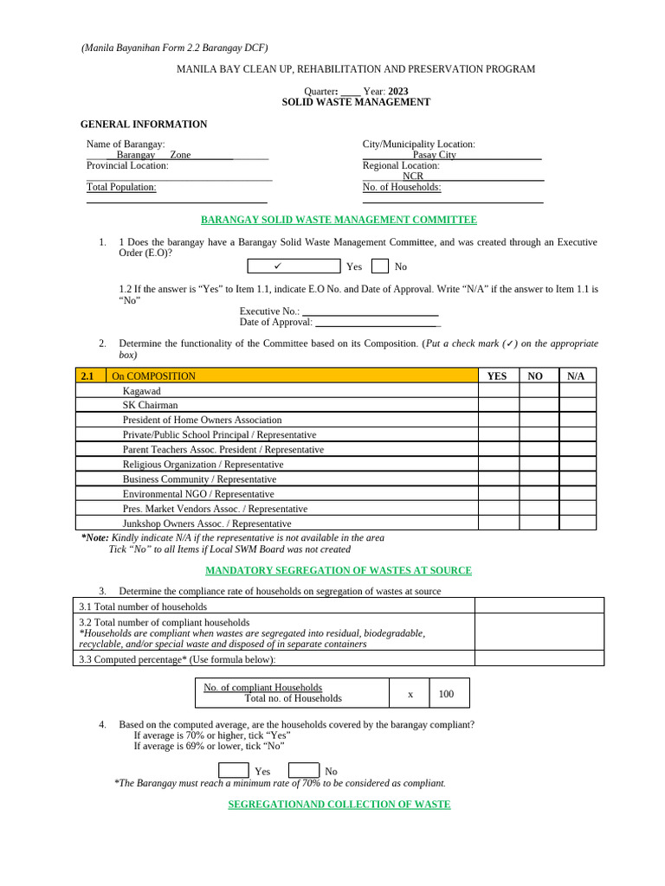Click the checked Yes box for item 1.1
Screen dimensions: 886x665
(294, 266)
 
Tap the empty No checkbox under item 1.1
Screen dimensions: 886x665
(379, 266)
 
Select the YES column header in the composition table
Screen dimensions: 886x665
(497, 376)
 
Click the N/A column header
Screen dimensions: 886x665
(577, 376)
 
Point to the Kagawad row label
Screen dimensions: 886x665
(141, 391)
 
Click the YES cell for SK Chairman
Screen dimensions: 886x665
(498, 405)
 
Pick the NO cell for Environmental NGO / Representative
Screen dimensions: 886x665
(539, 494)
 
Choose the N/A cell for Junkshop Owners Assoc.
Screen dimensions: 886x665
(577, 523)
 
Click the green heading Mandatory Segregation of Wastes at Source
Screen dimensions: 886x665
(339, 570)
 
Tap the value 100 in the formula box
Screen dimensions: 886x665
(446, 694)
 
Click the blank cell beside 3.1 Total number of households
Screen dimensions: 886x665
(539, 606)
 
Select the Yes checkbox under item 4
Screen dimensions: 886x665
(234, 770)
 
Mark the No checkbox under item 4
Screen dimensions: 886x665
(303, 770)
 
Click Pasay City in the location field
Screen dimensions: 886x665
(434, 155)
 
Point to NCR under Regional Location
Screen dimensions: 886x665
(401, 176)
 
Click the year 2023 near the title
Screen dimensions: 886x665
(398, 91)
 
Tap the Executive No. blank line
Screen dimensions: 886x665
(370, 311)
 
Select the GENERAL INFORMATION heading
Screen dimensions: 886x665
(144, 124)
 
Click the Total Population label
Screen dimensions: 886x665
(121, 187)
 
